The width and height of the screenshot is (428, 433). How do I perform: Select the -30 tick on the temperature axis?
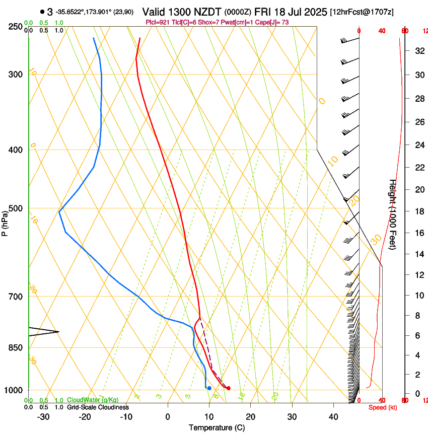(x=43, y=416)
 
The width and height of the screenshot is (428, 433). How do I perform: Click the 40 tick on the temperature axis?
(x=333, y=416)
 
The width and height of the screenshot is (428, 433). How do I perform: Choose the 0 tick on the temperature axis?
(x=168, y=416)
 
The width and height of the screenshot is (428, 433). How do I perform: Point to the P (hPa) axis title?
(x=5, y=222)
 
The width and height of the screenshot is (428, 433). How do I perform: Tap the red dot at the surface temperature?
(x=229, y=388)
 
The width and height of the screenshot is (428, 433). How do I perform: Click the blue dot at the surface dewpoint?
(x=209, y=388)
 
